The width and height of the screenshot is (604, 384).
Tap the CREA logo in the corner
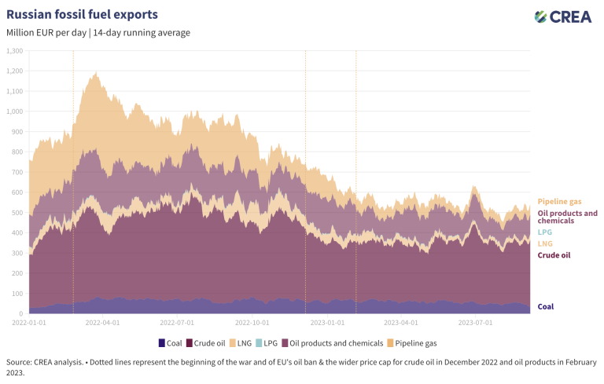pos(562,16)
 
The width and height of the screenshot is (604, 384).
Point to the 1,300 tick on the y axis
pos(14,50)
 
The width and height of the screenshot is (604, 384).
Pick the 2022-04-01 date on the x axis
pos(101,322)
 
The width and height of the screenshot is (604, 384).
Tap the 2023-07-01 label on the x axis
pos(476,322)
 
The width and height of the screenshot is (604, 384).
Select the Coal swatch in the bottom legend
pos(161,343)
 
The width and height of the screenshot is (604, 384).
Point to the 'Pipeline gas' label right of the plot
pos(560,202)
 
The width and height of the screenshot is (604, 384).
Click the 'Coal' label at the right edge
pos(545,306)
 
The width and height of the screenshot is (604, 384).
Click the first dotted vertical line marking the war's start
pos(73,181)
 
